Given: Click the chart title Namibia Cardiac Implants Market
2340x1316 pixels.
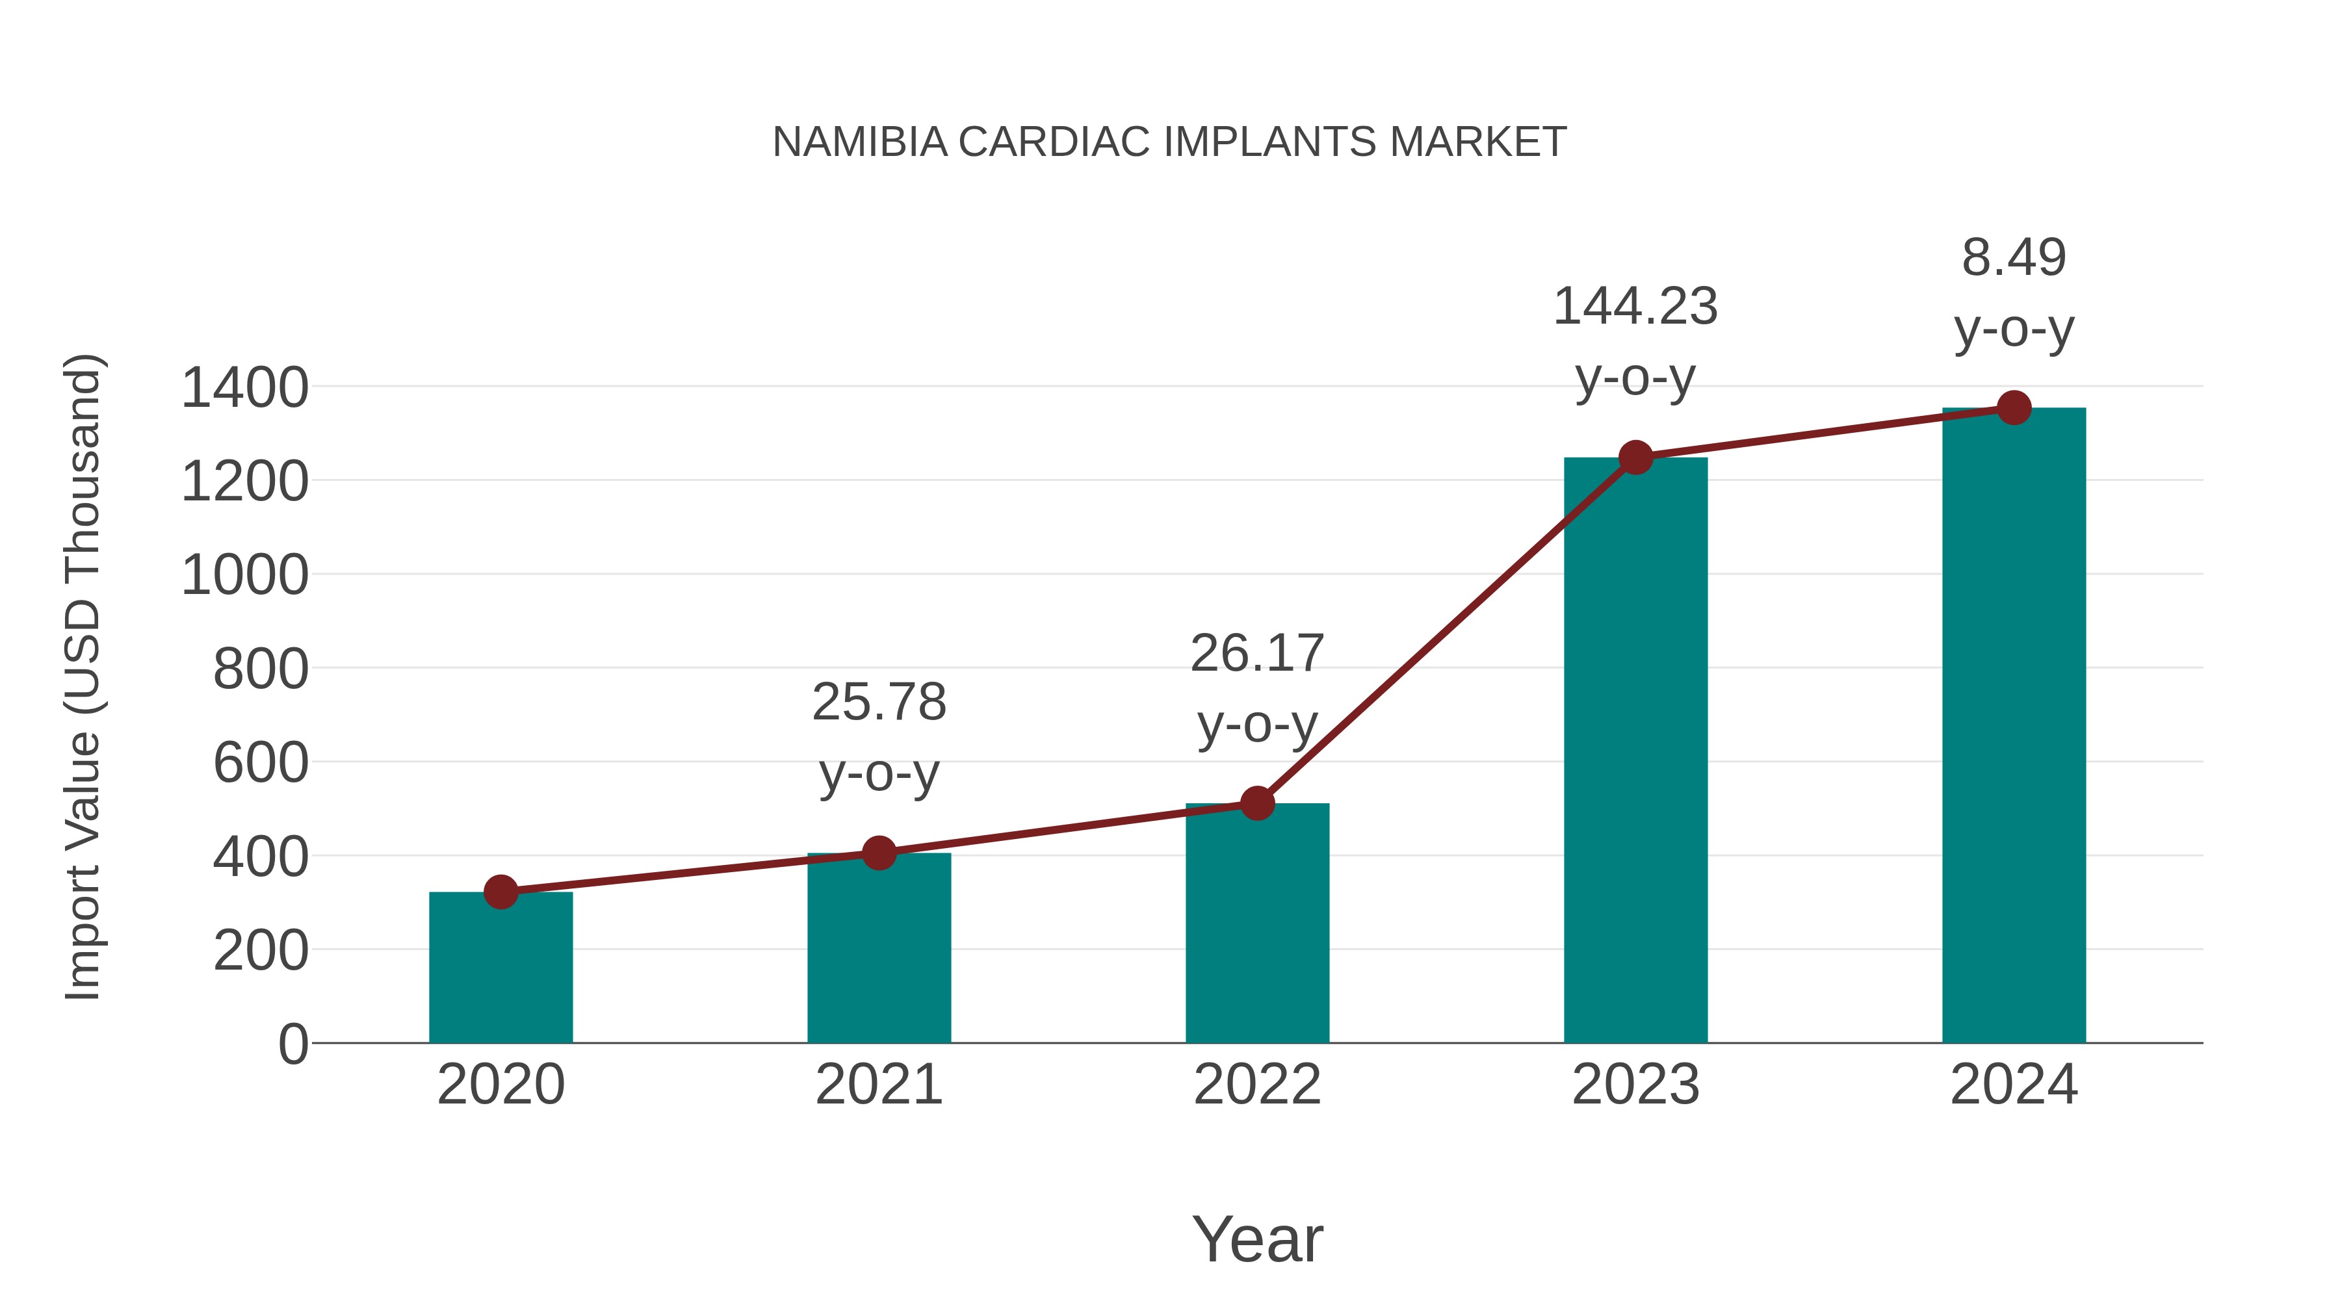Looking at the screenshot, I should pyautogui.click(x=1169, y=142).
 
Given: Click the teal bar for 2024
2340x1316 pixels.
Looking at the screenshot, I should pyautogui.click(x=2014, y=726).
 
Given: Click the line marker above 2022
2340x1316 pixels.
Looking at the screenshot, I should pyautogui.click(x=1257, y=803).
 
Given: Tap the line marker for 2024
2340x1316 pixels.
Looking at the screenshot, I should pyautogui.click(x=2014, y=407).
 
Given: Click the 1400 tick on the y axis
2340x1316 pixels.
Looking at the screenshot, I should pyautogui.click(x=245, y=388).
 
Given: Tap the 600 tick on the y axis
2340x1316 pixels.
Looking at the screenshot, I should pyautogui.click(x=261, y=763).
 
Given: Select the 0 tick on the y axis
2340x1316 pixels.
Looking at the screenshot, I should pyautogui.click(x=292, y=1044).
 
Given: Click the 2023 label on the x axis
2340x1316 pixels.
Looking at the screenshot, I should pyautogui.click(x=1635, y=1085).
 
